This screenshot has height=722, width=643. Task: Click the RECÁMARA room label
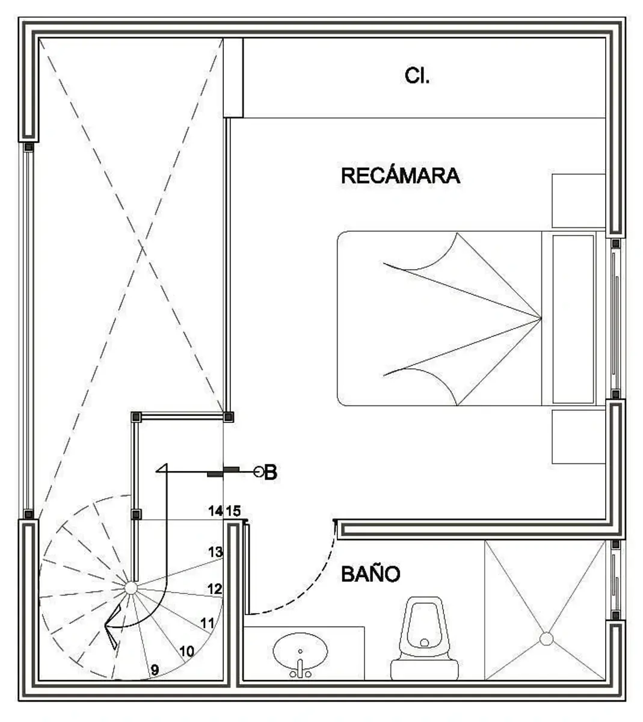pyautogui.click(x=401, y=176)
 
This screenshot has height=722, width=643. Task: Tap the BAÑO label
pyautogui.click(x=371, y=574)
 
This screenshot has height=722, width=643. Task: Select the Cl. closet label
pyautogui.click(x=417, y=76)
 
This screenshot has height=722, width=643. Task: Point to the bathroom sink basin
pyautogui.click(x=300, y=651)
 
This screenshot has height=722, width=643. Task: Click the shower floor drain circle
pyautogui.click(x=546, y=639)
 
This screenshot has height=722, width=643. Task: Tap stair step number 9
pyautogui.click(x=155, y=670)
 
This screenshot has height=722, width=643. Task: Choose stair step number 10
pyautogui.click(x=186, y=651)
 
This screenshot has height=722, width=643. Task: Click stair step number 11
pyautogui.click(x=208, y=623)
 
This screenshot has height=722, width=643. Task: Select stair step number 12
pyautogui.click(x=215, y=588)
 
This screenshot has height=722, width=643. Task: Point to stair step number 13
pyautogui.click(x=215, y=552)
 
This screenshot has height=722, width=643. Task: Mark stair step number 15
pyautogui.click(x=233, y=511)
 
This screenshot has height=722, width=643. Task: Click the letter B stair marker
pyautogui.click(x=271, y=472)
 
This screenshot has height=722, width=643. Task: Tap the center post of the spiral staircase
pyautogui.click(x=131, y=588)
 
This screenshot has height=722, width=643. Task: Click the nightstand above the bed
pyautogui.click(x=579, y=200)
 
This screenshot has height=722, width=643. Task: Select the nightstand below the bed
pyautogui.click(x=579, y=437)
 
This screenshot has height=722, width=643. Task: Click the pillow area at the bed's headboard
pyautogui.click(x=573, y=319)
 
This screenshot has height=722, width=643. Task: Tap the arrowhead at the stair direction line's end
pyautogui.click(x=162, y=468)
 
